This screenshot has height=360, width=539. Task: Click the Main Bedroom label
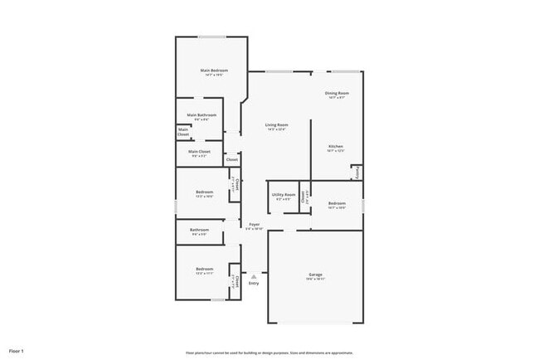point(213,71)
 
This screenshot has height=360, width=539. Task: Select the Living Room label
point(276,124)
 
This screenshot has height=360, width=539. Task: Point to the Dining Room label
point(337,93)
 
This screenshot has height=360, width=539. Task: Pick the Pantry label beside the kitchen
point(357,172)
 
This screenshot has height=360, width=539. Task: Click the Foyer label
point(255,224)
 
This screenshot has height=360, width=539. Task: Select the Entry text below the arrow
point(254,284)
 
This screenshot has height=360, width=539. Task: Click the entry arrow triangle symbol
point(254,277)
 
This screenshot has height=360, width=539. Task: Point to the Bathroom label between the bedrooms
point(199,230)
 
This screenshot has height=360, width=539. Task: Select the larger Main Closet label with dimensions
point(199,152)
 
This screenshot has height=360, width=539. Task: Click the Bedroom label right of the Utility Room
point(336,203)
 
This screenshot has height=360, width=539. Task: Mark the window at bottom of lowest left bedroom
point(217,300)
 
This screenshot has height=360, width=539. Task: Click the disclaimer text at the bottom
point(269,352)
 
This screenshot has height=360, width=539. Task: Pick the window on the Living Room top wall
point(277,71)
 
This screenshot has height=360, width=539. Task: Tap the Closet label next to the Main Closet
point(232,159)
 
